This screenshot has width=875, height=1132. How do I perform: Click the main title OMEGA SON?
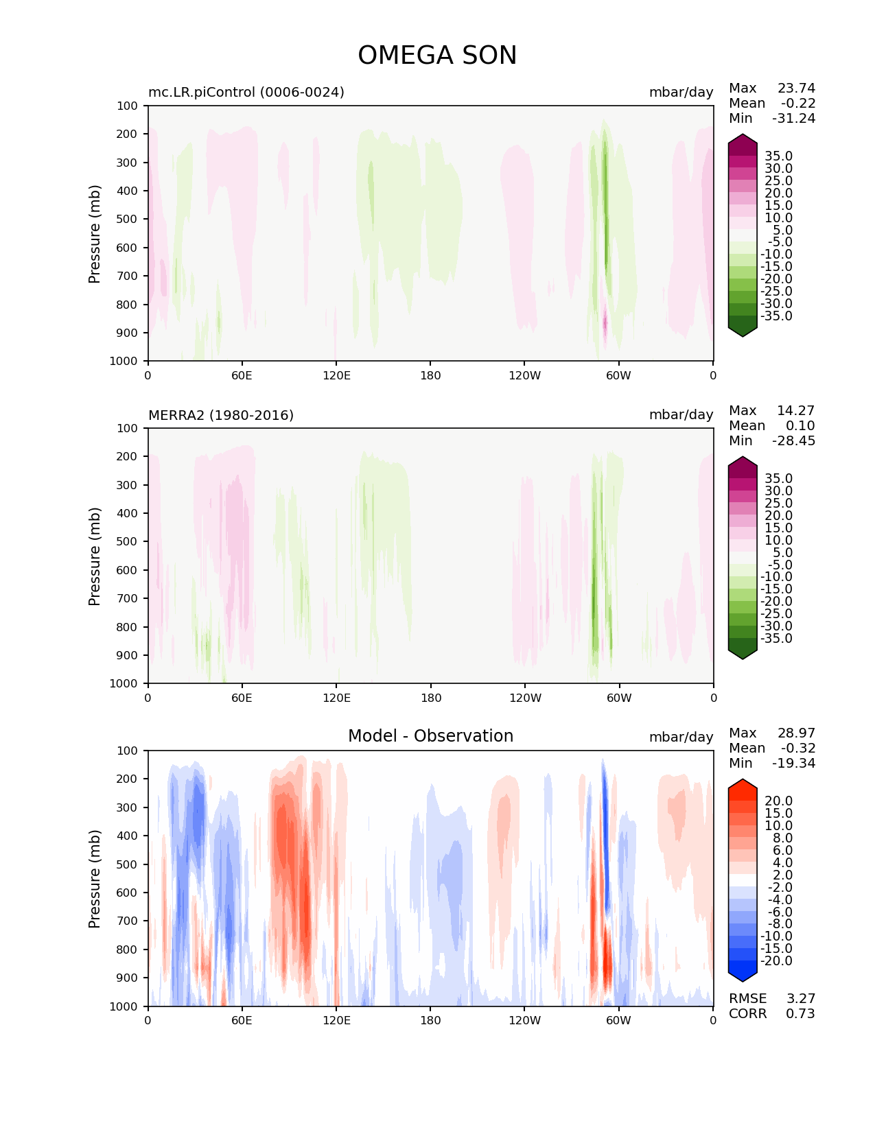(x=437, y=56)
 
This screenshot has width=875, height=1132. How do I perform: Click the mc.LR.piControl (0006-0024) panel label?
(x=246, y=92)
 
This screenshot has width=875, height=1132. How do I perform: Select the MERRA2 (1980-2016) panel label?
(x=221, y=415)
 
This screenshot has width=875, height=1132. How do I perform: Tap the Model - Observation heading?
(x=430, y=736)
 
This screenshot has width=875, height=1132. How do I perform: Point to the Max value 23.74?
(x=796, y=88)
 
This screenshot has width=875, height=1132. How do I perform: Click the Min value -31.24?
(x=793, y=118)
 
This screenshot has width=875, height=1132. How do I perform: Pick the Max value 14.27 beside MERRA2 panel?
(x=796, y=410)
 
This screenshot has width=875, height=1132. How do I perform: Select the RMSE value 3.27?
(x=800, y=998)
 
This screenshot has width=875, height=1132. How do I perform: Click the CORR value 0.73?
(x=800, y=1013)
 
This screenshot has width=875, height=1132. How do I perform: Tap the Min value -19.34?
(x=793, y=763)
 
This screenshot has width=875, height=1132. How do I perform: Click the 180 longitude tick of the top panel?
(x=430, y=375)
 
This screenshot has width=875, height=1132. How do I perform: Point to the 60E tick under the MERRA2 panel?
(x=242, y=698)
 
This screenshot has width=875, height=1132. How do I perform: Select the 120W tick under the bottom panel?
(x=524, y=1020)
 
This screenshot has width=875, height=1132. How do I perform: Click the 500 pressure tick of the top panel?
(x=128, y=219)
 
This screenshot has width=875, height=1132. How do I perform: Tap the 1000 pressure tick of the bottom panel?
(x=124, y=1006)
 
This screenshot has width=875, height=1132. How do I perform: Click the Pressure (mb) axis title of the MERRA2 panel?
(x=95, y=556)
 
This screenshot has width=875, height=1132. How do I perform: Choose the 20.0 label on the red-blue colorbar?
(x=778, y=801)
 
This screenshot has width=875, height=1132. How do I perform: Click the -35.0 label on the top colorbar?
(x=776, y=316)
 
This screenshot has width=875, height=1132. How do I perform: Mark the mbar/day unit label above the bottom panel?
(x=681, y=737)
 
